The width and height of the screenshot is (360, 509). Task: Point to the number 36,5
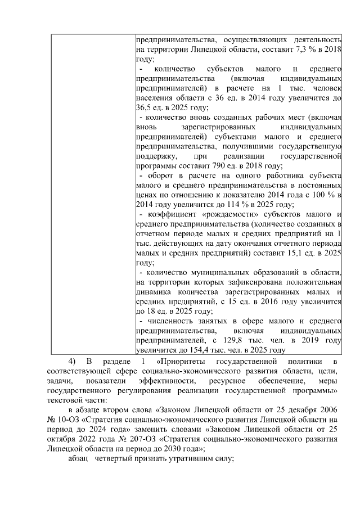144,109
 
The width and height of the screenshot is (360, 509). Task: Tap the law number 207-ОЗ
131,439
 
